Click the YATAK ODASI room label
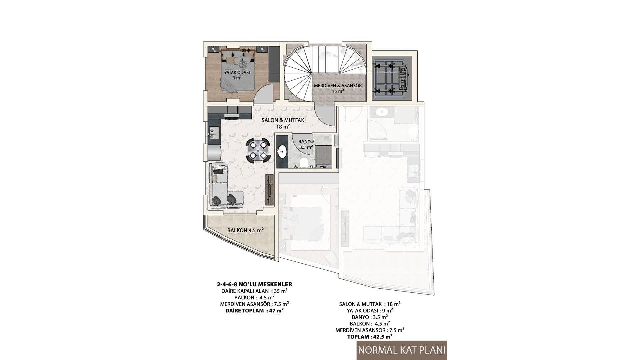click(237, 72)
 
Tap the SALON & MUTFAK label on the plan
click(283, 120)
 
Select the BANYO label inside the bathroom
click(305, 141)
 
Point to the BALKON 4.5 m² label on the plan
click(245, 230)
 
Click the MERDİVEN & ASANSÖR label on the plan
click(338, 86)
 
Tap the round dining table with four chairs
click(258, 150)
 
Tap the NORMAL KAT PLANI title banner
click(402, 350)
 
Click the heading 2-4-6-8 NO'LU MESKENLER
click(254, 284)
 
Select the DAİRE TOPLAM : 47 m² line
click(254, 311)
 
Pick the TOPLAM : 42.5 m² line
click(370, 337)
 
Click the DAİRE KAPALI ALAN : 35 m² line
click(254, 291)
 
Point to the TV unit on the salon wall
click(270, 190)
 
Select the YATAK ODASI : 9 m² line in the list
click(370, 310)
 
